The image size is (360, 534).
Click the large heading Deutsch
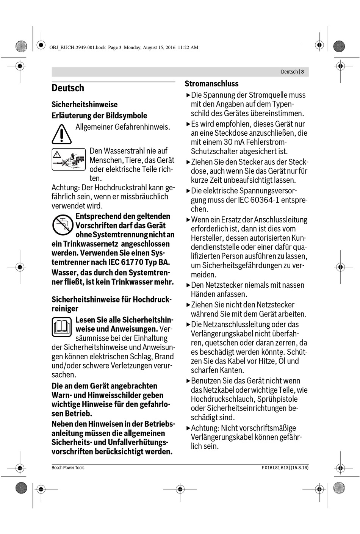coord(68,88)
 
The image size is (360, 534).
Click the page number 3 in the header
coord(302,72)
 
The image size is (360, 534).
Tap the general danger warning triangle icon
coord(61,134)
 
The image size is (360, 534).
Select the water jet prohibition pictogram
coord(69,159)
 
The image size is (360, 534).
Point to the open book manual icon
coord(61,327)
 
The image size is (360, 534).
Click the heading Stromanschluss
coord(211,84)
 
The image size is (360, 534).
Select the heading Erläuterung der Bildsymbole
coord(99,116)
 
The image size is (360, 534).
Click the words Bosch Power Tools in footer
coord(68,468)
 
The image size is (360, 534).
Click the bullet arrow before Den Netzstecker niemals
coord(188,285)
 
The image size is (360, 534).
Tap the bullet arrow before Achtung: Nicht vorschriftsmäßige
coord(188,428)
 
